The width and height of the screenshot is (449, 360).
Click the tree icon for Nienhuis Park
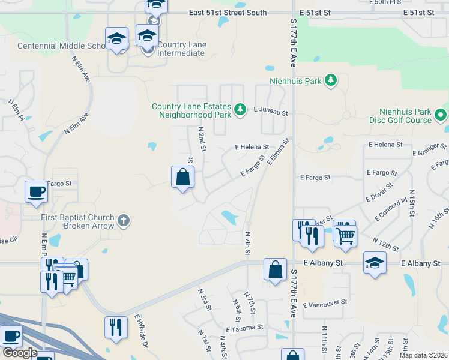click(x=330, y=80)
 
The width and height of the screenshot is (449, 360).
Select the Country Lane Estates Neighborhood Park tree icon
click(x=240, y=109)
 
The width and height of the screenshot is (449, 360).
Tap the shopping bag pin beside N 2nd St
click(x=182, y=178)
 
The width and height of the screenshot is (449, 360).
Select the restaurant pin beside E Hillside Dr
click(x=115, y=328)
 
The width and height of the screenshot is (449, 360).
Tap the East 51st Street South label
click(x=228, y=12)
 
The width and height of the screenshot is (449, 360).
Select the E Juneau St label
click(x=271, y=112)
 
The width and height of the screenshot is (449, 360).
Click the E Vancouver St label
click(x=325, y=304)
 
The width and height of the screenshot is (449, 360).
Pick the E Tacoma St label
click(x=244, y=328)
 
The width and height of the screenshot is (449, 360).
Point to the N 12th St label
click(x=385, y=244)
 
